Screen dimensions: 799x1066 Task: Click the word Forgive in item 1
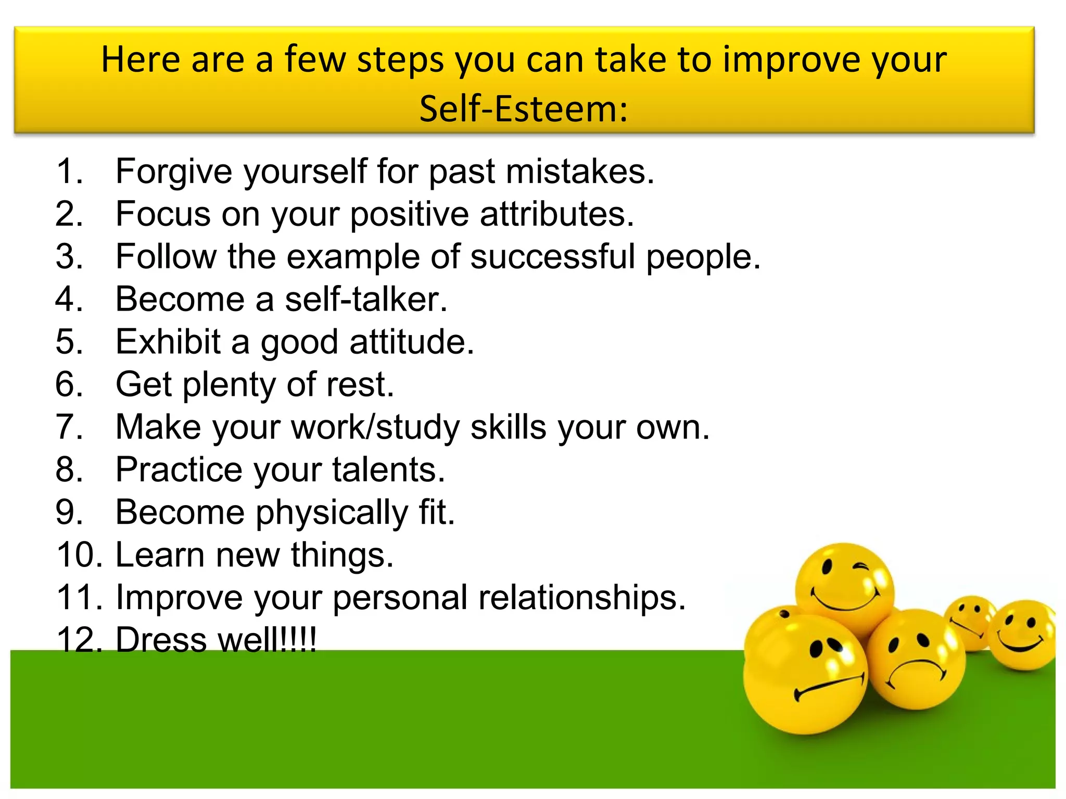174,172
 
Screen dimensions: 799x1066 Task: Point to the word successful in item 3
553,256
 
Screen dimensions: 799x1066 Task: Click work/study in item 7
375,428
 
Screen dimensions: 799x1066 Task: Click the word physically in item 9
332,513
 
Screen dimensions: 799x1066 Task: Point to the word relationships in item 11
581,598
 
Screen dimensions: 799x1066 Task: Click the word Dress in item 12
161,640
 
